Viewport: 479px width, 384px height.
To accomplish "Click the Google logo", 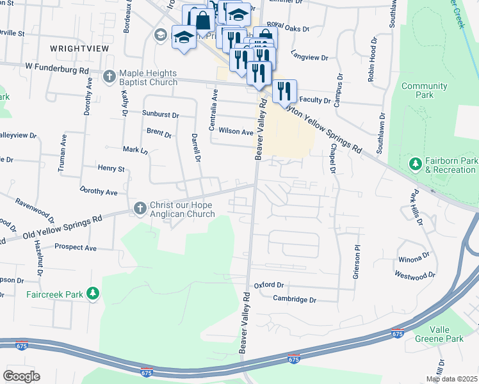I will tap(22, 376).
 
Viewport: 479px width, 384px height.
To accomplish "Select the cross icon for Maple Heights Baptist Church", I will tap(109, 76).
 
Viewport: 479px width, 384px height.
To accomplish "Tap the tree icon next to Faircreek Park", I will tap(93, 294).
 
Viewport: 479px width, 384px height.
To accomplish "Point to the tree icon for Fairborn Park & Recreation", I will tap(415, 164).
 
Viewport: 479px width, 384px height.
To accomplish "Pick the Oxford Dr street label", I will tap(268, 285).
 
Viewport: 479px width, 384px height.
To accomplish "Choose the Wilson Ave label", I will tap(236, 131).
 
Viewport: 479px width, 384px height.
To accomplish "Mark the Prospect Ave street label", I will tap(75, 247).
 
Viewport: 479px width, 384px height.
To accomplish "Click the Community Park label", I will tap(424, 90).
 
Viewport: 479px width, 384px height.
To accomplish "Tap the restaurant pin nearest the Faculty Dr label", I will tap(284, 91).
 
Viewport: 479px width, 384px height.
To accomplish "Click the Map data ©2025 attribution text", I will tap(451, 379).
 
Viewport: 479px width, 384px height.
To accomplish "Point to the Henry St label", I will tap(111, 168).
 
